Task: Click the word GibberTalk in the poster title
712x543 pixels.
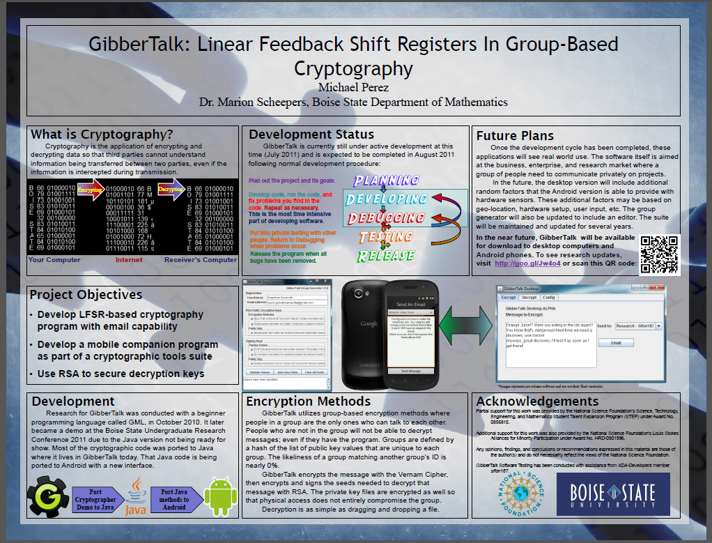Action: tap(135, 45)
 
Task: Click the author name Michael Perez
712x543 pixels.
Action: tap(353, 87)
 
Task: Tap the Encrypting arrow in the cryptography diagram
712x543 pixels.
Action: tap(90, 190)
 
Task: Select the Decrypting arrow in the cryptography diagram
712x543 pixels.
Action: tap(171, 190)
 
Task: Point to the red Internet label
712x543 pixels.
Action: tap(128, 260)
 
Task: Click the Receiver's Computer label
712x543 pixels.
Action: tap(201, 260)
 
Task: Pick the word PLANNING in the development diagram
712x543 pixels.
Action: tap(386, 182)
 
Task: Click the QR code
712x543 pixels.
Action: tap(658, 254)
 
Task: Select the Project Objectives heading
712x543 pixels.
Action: tap(86, 295)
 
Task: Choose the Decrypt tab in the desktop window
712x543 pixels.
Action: tap(529, 297)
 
